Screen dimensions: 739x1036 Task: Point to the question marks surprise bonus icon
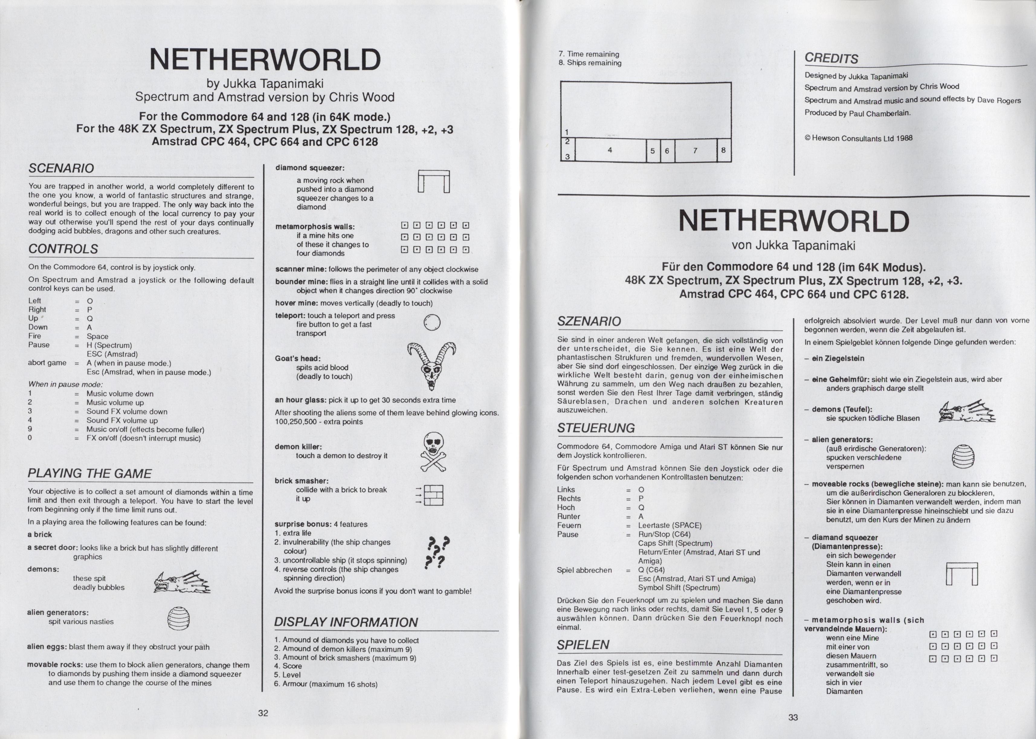click(436, 552)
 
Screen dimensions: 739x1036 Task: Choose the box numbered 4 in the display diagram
click(610, 150)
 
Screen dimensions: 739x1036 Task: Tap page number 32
click(263, 713)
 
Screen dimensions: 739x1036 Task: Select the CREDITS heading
click(831, 58)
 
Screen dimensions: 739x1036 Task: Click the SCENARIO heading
click(61, 168)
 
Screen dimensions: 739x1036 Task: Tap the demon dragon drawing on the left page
click(182, 582)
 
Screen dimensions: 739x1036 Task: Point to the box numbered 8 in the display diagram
click(723, 150)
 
